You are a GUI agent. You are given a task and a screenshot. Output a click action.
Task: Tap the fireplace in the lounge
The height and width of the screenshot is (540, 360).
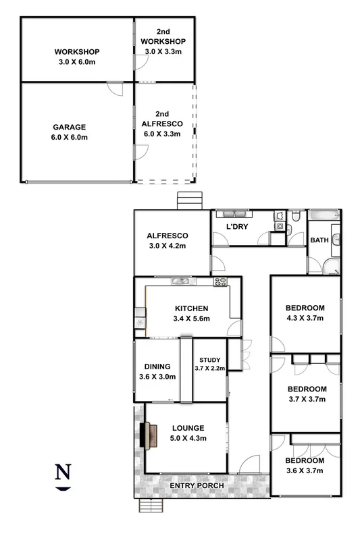click(147, 435)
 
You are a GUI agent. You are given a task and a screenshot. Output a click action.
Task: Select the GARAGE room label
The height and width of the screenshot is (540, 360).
click(70, 127)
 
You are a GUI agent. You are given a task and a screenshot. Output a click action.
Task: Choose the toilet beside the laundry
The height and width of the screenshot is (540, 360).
click(296, 217)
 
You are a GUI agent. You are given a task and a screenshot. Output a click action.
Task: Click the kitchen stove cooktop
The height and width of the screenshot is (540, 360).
click(221, 281)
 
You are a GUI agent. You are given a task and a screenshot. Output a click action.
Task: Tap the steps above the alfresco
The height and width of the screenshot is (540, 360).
click(189, 201)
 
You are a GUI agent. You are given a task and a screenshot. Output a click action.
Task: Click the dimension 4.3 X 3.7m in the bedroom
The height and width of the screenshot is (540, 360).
click(305, 318)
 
